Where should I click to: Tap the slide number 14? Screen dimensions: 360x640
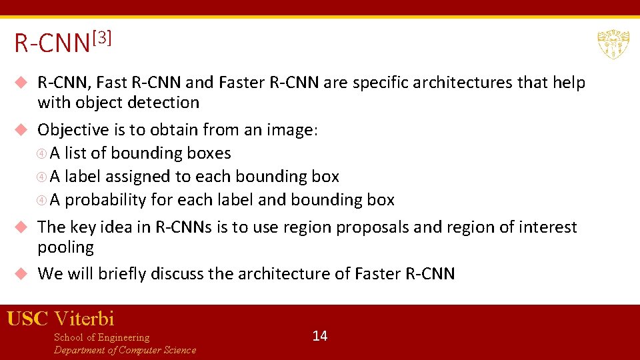[320, 335]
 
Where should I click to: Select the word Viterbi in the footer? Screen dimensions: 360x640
[84, 319]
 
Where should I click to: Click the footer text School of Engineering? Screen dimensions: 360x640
[101, 337]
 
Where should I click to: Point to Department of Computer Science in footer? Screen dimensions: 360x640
[125, 350]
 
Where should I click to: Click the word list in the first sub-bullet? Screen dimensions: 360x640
[75, 153]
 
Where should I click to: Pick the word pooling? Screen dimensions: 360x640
[65, 247]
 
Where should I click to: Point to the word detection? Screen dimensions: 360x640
[167, 103]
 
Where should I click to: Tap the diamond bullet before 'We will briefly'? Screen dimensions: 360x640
[21, 273]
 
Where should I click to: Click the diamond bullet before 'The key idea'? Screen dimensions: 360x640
[21, 227]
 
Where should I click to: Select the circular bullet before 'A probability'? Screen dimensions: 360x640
[42, 200]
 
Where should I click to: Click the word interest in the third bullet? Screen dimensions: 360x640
[547, 227]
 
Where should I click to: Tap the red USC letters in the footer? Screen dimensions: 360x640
[27, 319]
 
